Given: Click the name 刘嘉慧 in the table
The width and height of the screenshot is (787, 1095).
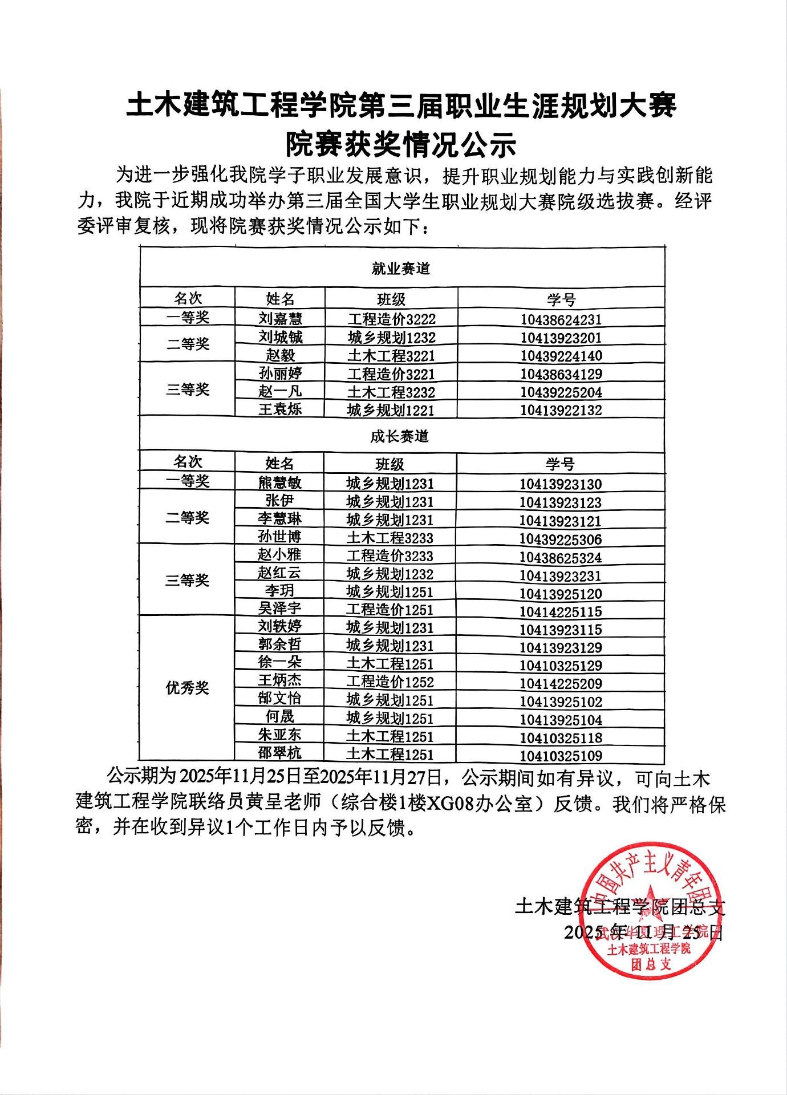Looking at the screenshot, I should (280, 318).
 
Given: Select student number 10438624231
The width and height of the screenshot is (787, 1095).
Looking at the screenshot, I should (561, 319).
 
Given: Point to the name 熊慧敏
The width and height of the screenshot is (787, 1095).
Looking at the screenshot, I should (279, 482).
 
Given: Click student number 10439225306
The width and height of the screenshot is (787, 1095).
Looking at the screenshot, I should (560, 539).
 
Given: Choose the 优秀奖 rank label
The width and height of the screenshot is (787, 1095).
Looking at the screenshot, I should (187, 688).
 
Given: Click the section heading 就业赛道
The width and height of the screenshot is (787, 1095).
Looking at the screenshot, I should (401, 269).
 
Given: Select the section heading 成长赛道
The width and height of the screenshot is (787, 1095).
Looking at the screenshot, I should (399, 436).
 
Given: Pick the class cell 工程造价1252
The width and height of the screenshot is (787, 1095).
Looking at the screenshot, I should (390, 682).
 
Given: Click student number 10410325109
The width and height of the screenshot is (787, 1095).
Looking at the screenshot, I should (560, 756).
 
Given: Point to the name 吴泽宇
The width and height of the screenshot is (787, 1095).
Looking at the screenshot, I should (279, 608).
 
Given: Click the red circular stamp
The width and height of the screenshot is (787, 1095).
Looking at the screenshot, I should (650, 911).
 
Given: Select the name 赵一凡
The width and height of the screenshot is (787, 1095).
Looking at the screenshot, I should (279, 391).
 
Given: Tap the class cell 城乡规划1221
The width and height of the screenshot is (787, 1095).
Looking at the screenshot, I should (391, 410).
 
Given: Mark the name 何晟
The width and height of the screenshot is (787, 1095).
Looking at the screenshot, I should (279, 716).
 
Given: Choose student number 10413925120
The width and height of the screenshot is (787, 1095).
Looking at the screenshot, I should (560, 594).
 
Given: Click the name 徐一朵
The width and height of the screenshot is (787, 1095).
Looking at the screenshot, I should (279, 662).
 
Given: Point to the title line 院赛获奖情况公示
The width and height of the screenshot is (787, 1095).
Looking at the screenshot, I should (401, 145).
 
